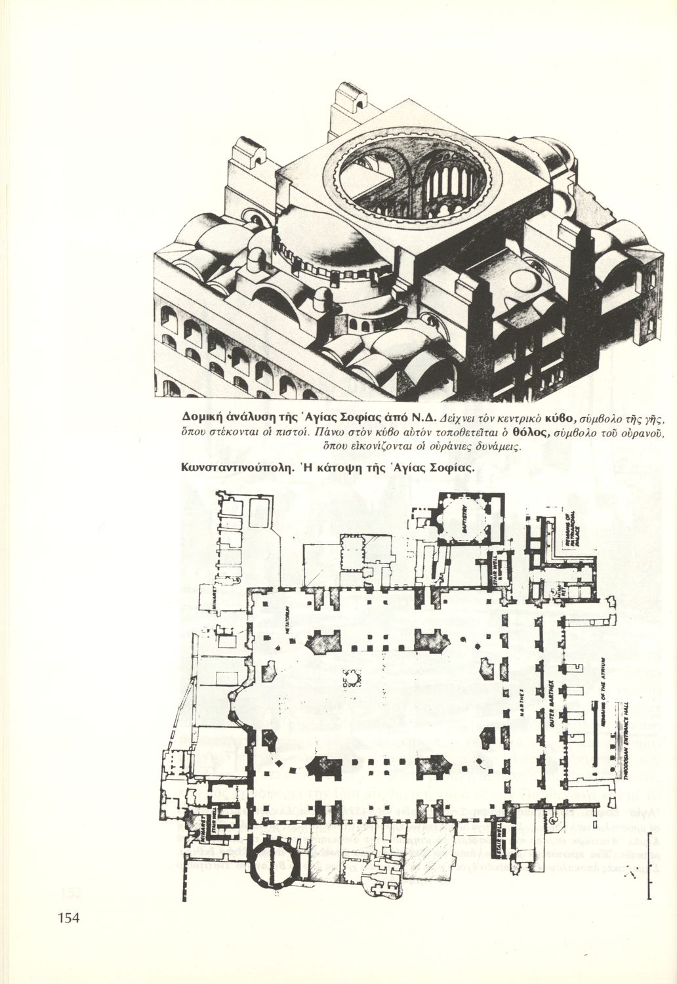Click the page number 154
[68, 918]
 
